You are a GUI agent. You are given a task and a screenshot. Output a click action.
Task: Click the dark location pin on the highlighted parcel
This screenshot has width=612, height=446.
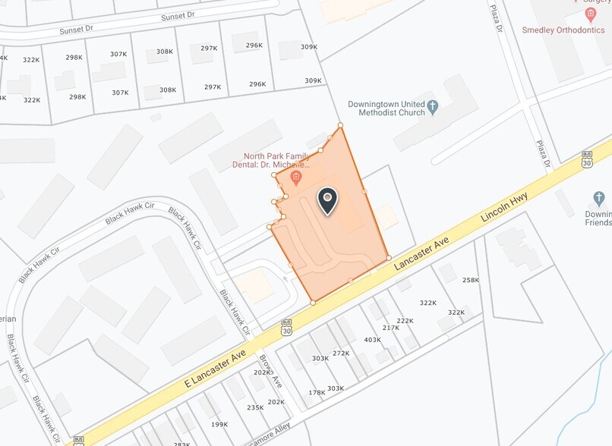click(x=327, y=200)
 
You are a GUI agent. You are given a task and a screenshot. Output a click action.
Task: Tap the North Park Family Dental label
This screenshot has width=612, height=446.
click(x=276, y=160)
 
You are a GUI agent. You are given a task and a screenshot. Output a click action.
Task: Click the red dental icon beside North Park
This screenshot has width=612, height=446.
click(x=296, y=178)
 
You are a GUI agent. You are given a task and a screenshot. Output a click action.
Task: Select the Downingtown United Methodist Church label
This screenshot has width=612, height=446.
click(x=386, y=108)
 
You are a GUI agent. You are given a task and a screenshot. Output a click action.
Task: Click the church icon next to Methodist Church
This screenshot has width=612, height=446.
click(x=433, y=107)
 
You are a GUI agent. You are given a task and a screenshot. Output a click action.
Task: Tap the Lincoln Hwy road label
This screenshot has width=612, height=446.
click(x=504, y=206)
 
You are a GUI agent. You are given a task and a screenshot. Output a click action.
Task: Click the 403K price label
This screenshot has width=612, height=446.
click(x=372, y=340)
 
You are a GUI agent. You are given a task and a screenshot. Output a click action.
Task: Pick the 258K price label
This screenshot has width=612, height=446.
click(x=471, y=280)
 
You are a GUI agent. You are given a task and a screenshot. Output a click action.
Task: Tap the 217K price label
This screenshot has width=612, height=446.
click(x=391, y=328)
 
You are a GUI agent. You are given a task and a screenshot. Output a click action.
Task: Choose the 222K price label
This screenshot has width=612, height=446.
click(x=405, y=321)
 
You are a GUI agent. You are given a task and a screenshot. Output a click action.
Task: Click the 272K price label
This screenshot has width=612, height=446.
click(x=341, y=353)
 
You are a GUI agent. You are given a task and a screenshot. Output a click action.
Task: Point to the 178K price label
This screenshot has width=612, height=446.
click(x=317, y=392)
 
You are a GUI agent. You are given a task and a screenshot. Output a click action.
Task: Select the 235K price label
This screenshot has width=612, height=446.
click(x=255, y=407)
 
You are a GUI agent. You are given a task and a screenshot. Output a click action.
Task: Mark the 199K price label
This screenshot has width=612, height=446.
click(x=219, y=424)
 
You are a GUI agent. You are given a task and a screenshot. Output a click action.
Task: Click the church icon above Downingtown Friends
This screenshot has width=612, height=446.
click(x=598, y=198)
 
